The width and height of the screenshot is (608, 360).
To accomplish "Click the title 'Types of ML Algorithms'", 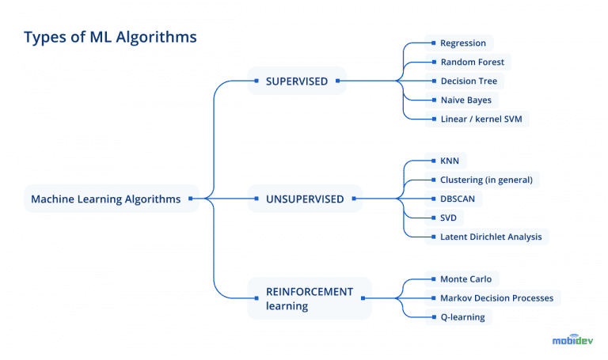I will [x=110, y=36].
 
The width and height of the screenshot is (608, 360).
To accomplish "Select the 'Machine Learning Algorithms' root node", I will [x=105, y=199].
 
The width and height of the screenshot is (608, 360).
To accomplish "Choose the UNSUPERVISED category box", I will [x=305, y=199].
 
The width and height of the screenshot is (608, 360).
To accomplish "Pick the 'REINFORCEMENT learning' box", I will [x=309, y=298].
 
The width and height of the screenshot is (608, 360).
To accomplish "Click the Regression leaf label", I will [x=463, y=43].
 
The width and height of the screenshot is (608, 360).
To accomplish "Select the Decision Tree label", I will [x=469, y=81].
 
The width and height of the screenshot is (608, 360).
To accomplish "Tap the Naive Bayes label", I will [x=465, y=100].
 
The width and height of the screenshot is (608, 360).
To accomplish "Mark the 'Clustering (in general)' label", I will [x=486, y=180].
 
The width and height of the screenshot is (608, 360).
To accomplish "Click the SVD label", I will [x=448, y=218].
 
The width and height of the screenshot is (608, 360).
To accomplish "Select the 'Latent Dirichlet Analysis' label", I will [x=491, y=237].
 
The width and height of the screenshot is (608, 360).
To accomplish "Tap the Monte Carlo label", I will [x=465, y=279].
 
